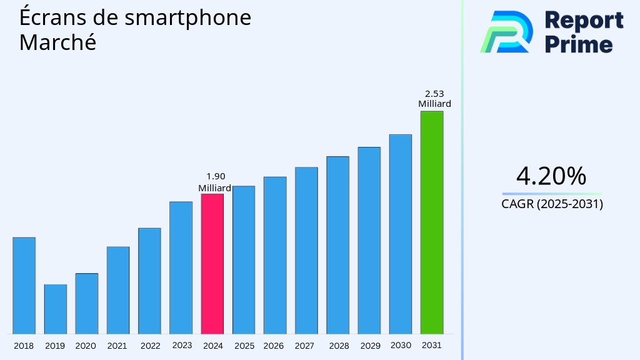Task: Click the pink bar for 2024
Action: coord(212,264)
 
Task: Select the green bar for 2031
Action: coord(431,222)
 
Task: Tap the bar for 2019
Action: coord(55,309)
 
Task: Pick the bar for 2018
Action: coord(24,285)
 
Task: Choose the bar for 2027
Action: coord(306,250)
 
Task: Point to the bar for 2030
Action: coord(400,234)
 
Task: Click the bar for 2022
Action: coord(149,281)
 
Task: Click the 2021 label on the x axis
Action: coord(117,346)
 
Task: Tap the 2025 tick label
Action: coord(244,346)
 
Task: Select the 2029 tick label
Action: coord(370,346)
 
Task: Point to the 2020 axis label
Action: coord(86,346)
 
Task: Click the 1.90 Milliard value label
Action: coord(215,182)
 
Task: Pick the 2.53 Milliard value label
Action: coord(434,99)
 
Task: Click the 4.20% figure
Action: coord(551,176)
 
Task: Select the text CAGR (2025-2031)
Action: coord(552,204)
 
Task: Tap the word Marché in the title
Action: coord(57,42)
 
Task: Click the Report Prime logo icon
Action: coord(506,32)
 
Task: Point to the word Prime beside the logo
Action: coord(579,44)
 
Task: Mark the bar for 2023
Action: coord(181,267)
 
